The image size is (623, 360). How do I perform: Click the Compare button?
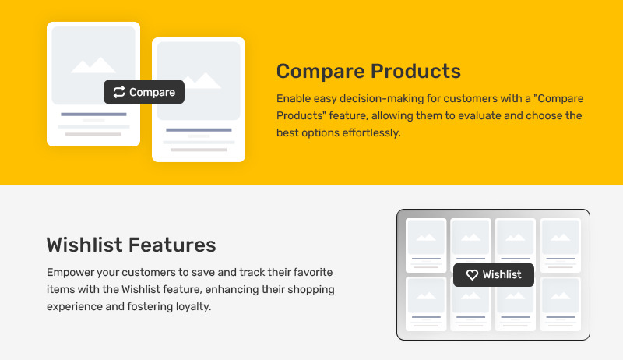pos(144,92)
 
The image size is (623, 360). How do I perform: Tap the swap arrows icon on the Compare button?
pos(119,92)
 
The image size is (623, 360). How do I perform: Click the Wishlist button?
pos(494,275)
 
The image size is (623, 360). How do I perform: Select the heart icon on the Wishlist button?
pos(472,275)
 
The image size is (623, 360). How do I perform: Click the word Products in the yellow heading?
pos(416,71)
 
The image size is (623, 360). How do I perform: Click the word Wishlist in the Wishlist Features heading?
pos(85,245)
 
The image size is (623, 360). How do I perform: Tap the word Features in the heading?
pos(172,245)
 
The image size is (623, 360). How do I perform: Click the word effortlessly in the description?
pos(371,132)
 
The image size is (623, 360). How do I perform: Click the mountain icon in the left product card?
pos(93,65)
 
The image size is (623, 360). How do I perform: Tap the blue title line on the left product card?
pos(93,115)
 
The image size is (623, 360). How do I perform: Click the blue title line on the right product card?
pos(199,130)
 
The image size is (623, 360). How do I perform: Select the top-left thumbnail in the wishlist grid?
pos(426,245)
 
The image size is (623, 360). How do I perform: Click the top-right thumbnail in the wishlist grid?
pos(561,245)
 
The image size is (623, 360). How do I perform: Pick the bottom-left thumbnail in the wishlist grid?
pos(426,304)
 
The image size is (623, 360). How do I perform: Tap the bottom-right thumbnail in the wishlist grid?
pos(561,304)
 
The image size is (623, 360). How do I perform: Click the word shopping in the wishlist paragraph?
pos(311,290)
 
